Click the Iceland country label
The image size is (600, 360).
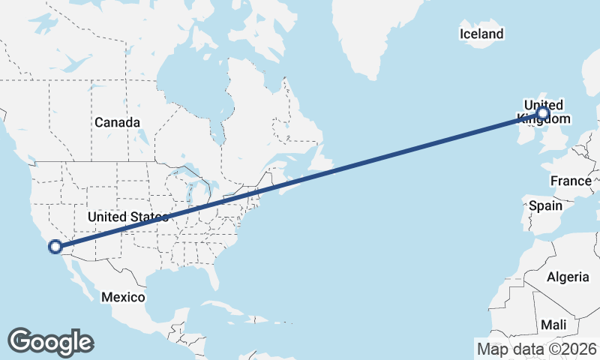481,34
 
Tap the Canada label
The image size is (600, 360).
117,122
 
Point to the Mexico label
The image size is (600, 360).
123,297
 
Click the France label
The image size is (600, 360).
571,181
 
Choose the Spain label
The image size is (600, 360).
545,205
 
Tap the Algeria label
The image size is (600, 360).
568,277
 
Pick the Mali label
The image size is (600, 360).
553,325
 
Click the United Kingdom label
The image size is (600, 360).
543,111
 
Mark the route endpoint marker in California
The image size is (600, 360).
55,246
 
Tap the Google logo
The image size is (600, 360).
50,341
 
